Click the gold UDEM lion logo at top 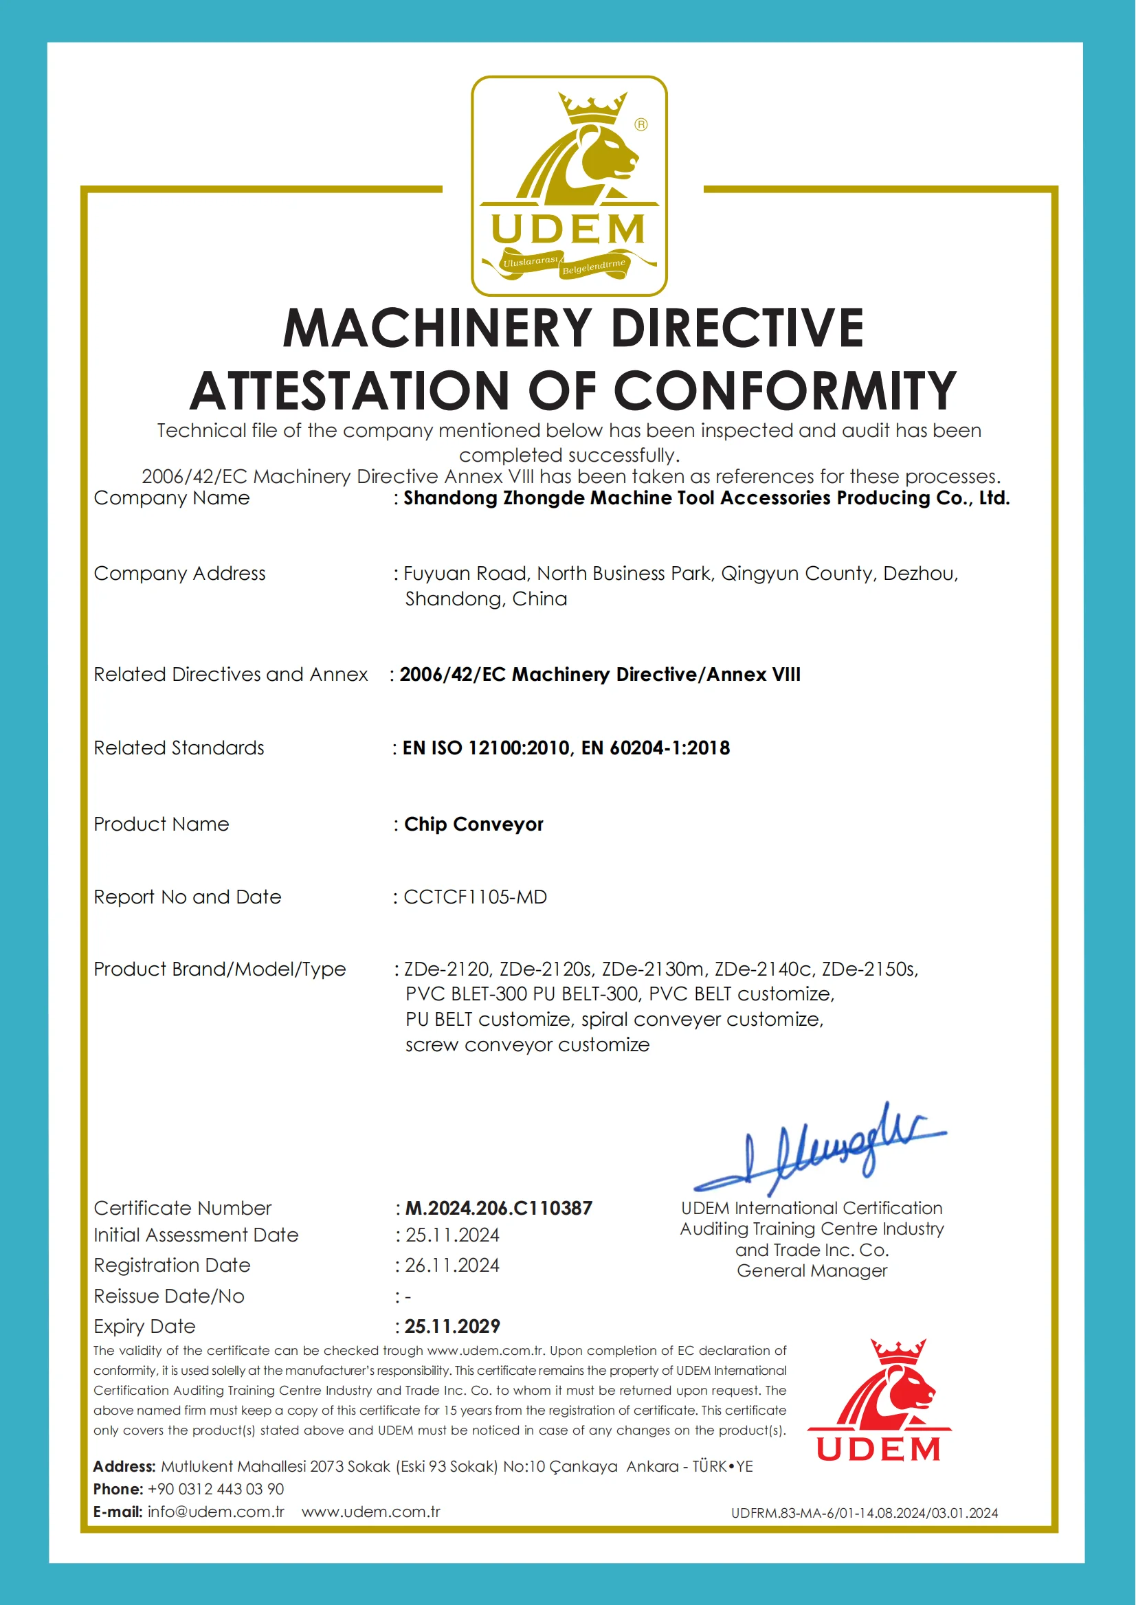click(x=569, y=186)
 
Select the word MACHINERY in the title click(x=438, y=328)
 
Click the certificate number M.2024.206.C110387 click(x=499, y=1209)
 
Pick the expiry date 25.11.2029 click(x=453, y=1327)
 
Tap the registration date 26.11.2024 click(x=453, y=1266)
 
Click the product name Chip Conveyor click(x=474, y=824)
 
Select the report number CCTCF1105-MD click(x=475, y=897)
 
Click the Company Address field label click(x=180, y=574)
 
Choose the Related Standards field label click(x=179, y=748)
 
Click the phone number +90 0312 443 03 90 click(x=216, y=1489)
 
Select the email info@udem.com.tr click(x=216, y=1512)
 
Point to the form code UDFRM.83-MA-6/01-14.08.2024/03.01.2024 click(x=865, y=1513)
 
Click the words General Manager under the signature click(x=812, y=1270)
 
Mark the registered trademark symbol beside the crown click(x=641, y=124)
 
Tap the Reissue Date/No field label click(x=169, y=1297)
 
